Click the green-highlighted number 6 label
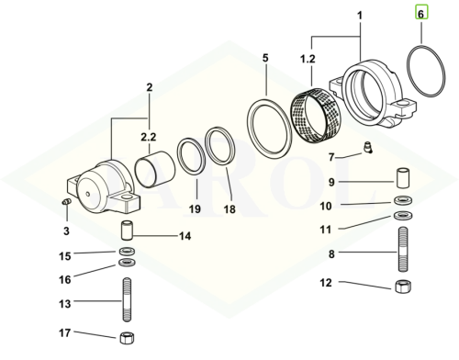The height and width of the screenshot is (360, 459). pyautogui.click(x=421, y=14)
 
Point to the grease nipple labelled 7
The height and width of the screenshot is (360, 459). pyautogui.click(x=367, y=146)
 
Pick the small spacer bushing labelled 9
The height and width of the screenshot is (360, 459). pyautogui.click(x=403, y=177)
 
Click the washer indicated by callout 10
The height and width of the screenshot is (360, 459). pyautogui.click(x=403, y=201)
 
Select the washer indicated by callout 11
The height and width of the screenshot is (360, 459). pyautogui.click(x=403, y=215)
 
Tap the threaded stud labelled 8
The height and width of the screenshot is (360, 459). pyautogui.click(x=403, y=249)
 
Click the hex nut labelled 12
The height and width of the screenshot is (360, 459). pyautogui.click(x=403, y=287)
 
